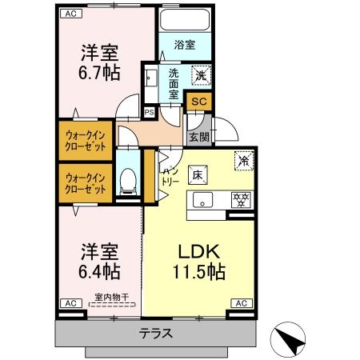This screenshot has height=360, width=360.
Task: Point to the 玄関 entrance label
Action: click(x=198, y=137)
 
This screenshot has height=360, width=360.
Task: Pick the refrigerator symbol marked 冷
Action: click(x=242, y=159)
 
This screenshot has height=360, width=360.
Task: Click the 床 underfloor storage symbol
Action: click(x=197, y=174)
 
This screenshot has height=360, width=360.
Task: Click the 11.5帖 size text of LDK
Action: click(x=197, y=271)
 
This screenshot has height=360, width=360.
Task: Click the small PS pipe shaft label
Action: click(x=149, y=113)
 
